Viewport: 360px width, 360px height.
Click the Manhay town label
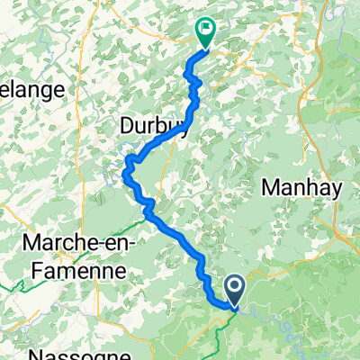(299, 187)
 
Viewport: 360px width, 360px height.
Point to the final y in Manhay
(330, 189)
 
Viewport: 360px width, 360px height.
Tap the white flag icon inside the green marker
(207, 29)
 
